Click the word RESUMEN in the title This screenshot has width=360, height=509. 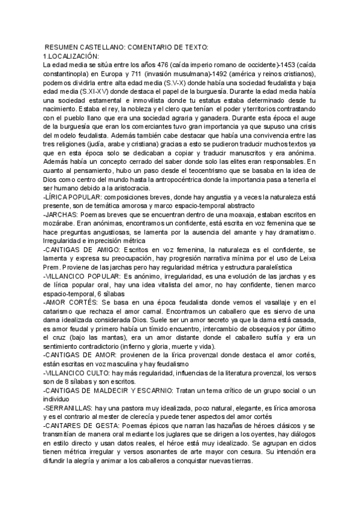[64, 47]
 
